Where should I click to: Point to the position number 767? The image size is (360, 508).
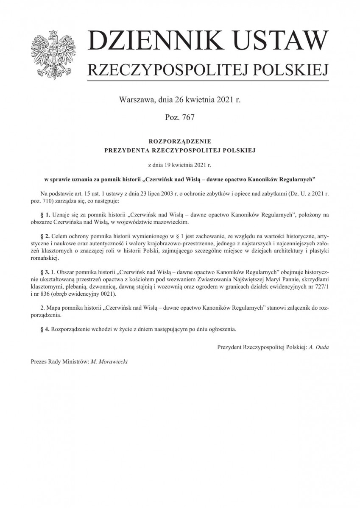pos(186,117)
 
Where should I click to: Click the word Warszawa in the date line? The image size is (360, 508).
pos(137,100)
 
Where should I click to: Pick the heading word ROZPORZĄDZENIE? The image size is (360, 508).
pos(180,140)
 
